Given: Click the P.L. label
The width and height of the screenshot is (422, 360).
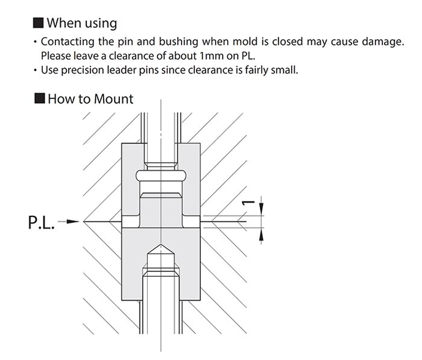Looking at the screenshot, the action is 42,222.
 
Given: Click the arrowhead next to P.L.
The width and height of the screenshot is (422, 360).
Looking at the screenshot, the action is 73,221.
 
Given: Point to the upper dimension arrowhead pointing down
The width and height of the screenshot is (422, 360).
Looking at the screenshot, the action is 261,209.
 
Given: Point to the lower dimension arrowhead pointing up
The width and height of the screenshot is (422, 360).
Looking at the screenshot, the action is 261,234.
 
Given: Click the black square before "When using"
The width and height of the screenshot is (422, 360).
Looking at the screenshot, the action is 38,23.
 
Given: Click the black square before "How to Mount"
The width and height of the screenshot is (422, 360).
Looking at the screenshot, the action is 40,98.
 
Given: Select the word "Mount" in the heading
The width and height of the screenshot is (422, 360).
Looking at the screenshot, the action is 113,99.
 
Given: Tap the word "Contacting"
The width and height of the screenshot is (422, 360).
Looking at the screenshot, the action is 68,42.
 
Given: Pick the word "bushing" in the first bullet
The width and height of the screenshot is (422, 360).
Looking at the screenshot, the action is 178,42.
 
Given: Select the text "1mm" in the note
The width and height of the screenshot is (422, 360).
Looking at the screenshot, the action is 212,56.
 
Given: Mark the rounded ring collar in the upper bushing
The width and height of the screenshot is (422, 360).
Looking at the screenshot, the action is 161,175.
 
